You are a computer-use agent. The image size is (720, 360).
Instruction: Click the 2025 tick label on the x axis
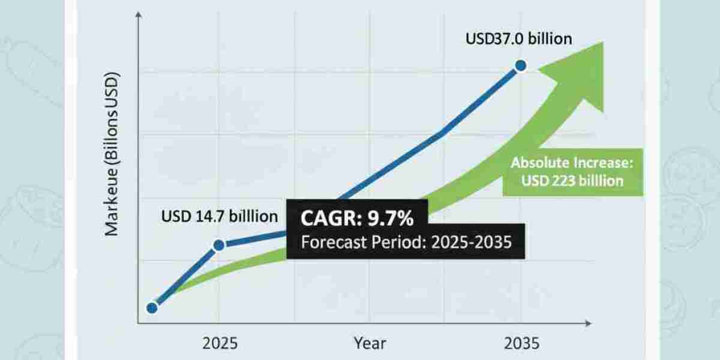click(220, 344)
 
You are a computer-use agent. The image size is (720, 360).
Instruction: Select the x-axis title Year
click(369, 344)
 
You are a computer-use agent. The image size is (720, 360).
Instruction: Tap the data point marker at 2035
click(521, 66)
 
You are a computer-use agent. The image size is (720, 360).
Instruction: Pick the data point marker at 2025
click(219, 245)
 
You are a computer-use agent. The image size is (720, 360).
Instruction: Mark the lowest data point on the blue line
click(152, 308)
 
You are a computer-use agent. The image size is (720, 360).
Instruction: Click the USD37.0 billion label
click(519, 39)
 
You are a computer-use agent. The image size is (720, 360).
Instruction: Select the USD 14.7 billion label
click(220, 215)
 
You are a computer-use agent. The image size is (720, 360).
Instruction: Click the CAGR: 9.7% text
click(351, 219)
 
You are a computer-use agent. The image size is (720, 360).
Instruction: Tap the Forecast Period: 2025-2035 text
click(405, 244)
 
